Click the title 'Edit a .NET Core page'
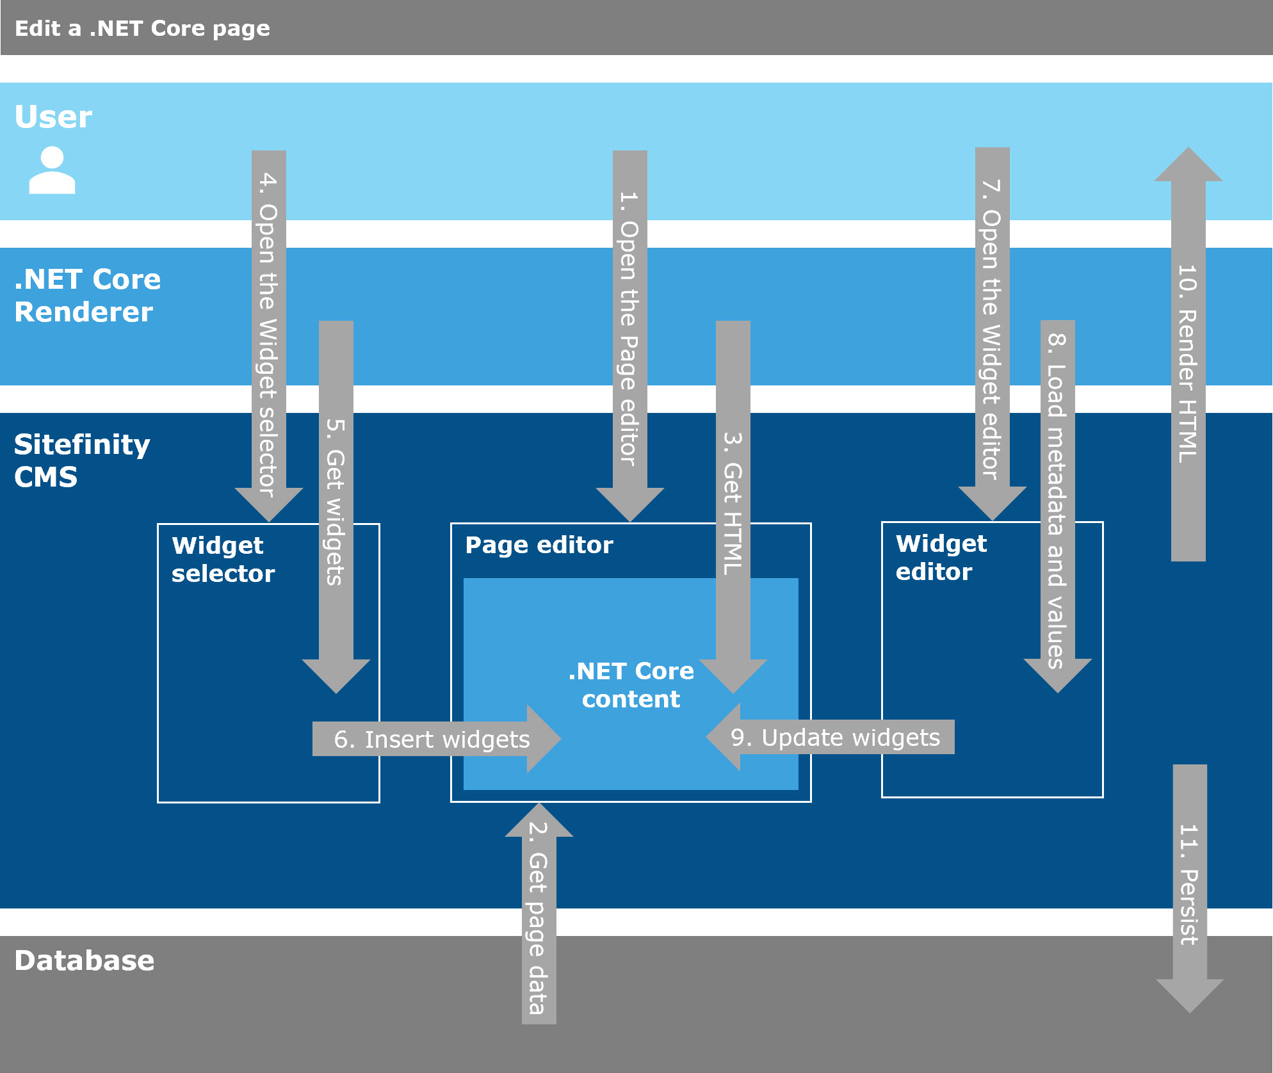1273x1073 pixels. pyautogui.click(x=142, y=29)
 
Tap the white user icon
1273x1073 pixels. pyautogui.click(x=52, y=170)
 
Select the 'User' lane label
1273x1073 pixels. pyautogui.click(x=53, y=117)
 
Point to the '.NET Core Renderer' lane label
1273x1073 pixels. pyautogui.click(x=87, y=296)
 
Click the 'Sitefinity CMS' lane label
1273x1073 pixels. pyautogui.click(x=82, y=460)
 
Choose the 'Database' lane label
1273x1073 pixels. pyautogui.click(x=84, y=960)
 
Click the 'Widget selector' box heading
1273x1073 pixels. pyautogui.click(x=223, y=560)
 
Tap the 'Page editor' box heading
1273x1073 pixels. pyautogui.click(x=539, y=545)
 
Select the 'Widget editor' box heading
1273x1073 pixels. pyautogui.click(x=941, y=558)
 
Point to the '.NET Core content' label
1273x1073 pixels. pyautogui.click(x=631, y=685)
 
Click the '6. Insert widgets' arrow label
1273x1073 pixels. pyautogui.click(x=432, y=739)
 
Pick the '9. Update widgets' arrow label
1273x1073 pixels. pyautogui.click(x=835, y=738)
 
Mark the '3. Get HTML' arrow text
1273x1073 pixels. pyautogui.click(x=733, y=503)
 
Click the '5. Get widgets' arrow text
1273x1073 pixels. pyautogui.click(x=336, y=502)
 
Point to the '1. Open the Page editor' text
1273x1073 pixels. pyautogui.click(x=629, y=328)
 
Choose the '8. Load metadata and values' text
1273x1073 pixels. pyautogui.click(x=1057, y=500)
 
